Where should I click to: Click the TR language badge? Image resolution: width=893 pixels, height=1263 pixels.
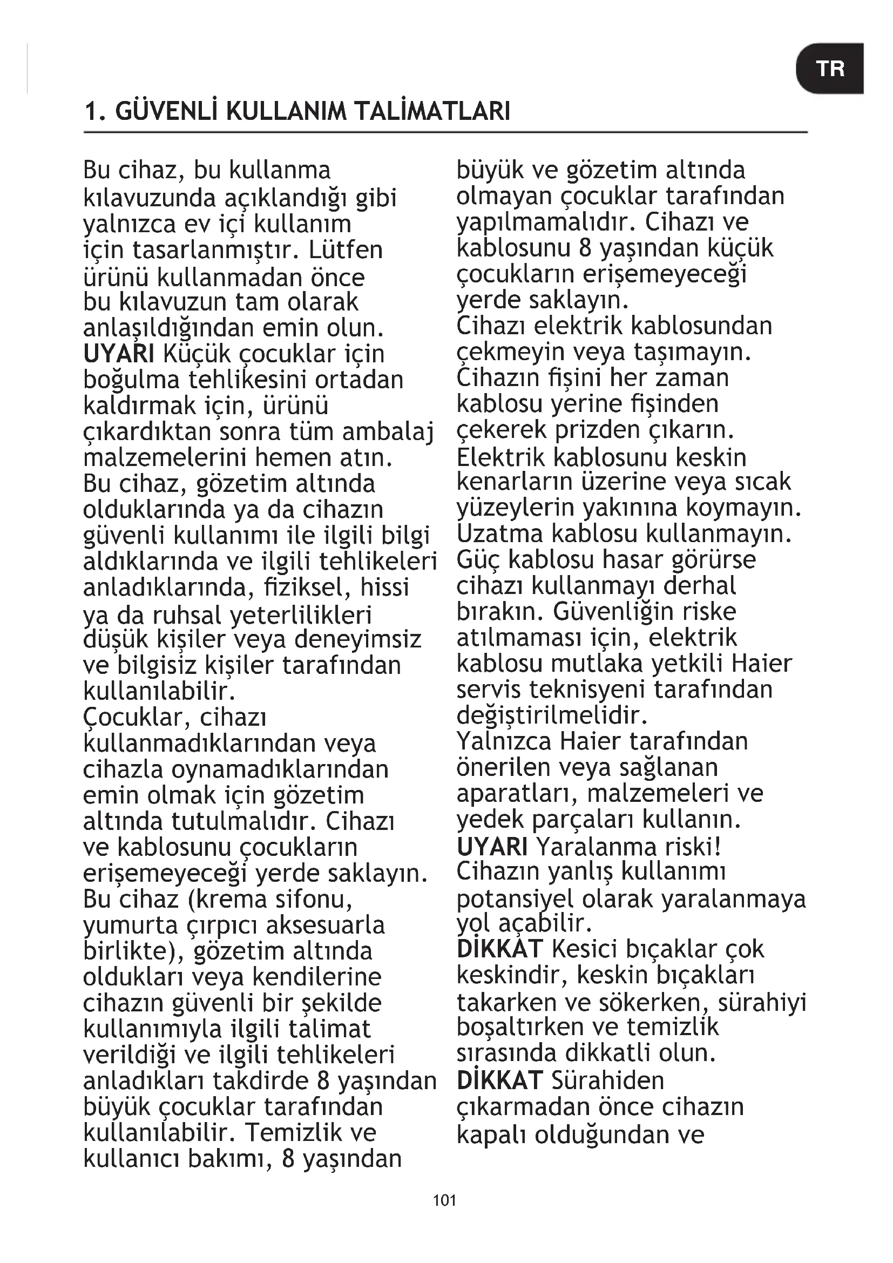pos(829,69)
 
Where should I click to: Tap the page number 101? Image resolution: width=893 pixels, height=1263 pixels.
pos(444,1200)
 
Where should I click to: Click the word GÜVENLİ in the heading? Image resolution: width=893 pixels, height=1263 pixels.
pos(167,112)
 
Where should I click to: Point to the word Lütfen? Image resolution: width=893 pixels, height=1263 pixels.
pos(346,251)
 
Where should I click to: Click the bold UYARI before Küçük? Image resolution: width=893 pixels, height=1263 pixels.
pos(119,354)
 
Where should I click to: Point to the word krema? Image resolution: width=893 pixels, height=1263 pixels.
pos(228,900)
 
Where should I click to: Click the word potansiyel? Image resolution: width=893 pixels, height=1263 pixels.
pos(515,900)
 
